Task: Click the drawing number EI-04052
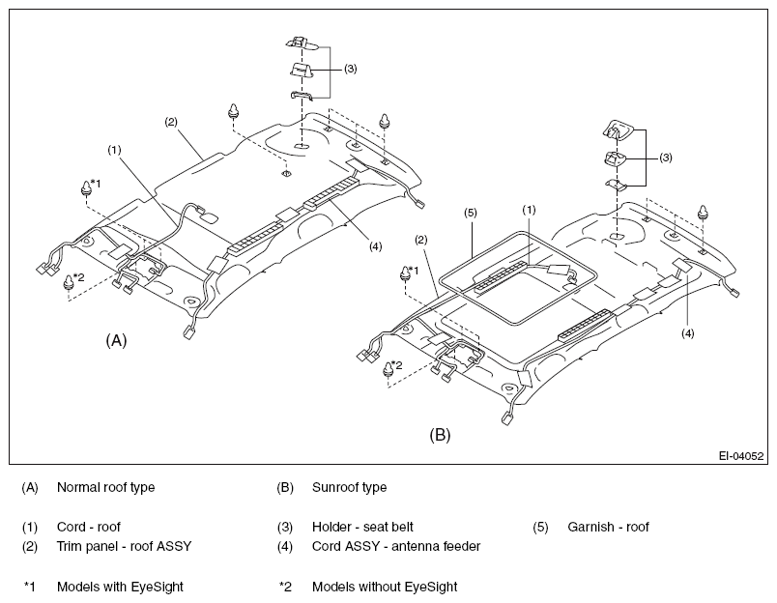tap(741, 456)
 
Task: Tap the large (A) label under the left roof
tap(116, 340)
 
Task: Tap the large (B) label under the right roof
tap(440, 435)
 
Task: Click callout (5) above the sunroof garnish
tap(471, 213)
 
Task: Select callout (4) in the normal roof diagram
tap(375, 246)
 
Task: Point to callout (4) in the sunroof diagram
tap(688, 333)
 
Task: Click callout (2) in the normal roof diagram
tap(171, 122)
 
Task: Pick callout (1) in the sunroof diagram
tap(529, 210)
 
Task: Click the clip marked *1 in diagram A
tap(87, 187)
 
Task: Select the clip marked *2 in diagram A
tap(69, 281)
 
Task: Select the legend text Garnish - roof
tap(608, 527)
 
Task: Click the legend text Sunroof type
tap(349, 488)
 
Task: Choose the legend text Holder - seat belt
tap(362, 527)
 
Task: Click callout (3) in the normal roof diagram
tap(351, 69)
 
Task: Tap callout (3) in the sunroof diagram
tap(666, 158)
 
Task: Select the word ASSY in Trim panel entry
tap(174, 547)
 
